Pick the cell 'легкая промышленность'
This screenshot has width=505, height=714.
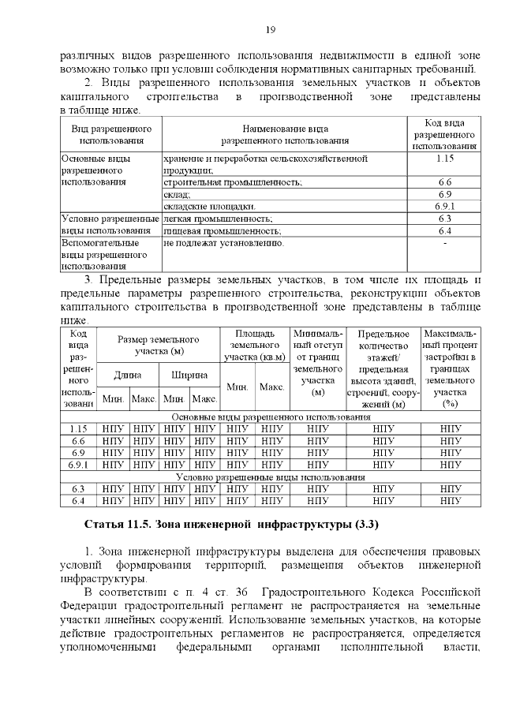[x=217, y=219]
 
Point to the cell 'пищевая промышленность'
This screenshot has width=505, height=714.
[x=222, y=231]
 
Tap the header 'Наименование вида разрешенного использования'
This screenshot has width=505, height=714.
[x=284, y=134]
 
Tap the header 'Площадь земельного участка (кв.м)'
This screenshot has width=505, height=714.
[x=254, y=345]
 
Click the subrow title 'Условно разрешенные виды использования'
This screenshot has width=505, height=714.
[x=270, y=477]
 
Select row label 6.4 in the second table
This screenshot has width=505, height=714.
[x=78, y=500]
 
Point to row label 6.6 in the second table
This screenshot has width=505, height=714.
[x=78, y=441]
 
